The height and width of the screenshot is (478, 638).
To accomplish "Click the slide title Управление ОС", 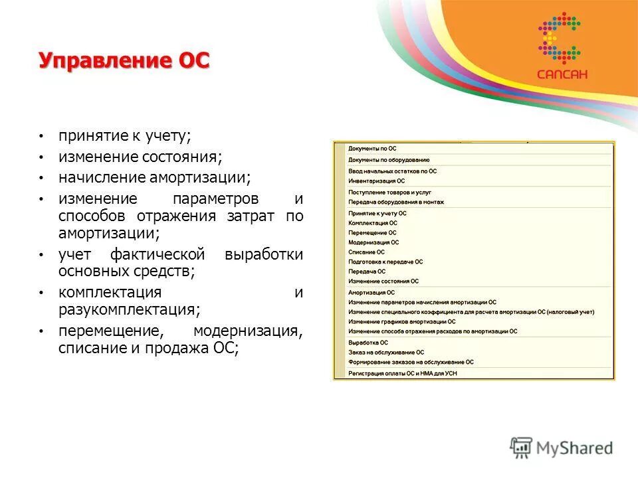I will coord(124,61).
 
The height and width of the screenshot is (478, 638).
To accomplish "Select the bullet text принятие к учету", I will coord(124,136).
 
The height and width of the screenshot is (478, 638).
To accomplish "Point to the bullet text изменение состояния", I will coord(140,157).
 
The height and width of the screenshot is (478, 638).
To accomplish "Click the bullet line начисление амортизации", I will coord(154,179).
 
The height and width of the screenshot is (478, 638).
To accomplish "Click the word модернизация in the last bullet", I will coord(248,331).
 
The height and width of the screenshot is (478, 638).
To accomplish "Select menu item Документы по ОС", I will coord(372,149).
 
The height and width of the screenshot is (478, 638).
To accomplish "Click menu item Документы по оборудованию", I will coord(389,160).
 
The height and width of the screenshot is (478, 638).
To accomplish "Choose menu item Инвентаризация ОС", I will coord(376,181).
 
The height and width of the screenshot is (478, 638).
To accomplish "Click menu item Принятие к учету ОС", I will coord(377,213).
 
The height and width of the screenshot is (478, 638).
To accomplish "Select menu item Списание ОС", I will coord(366,252).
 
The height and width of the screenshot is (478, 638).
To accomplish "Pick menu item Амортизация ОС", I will coord(371,292).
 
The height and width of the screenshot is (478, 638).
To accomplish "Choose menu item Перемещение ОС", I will coord(372,233).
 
